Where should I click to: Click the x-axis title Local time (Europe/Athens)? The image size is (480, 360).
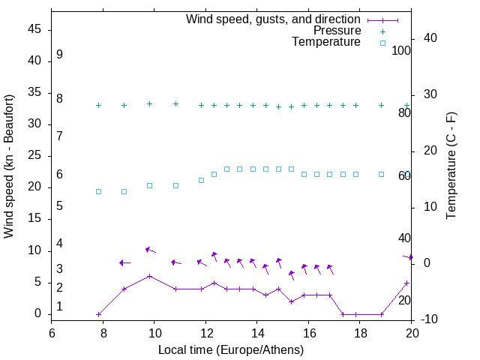click(x=231, y=349)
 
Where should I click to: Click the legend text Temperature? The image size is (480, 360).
click(x=326, y=43)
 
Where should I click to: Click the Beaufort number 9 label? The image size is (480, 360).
click(x=59, y=55)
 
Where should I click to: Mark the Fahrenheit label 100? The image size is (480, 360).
click(x=401, y=51)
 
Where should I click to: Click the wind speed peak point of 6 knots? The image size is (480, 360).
click(x=150, y=276)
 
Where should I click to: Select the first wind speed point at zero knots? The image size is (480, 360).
click(x=98, y=314)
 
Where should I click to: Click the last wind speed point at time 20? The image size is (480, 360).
click(x=406, y=283)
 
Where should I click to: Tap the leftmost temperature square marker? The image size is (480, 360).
click(x=98, y=191)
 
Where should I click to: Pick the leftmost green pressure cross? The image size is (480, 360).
click(x=98, y=105)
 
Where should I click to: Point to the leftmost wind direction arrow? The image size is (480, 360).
click(x=124, y=262)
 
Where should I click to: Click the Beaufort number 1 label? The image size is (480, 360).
click(x=59, y=307)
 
